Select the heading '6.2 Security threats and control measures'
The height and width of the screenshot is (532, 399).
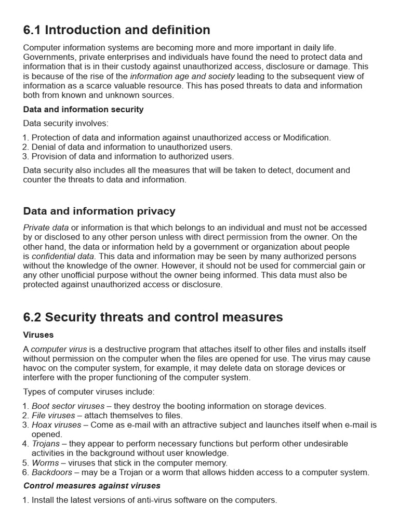point(153,317)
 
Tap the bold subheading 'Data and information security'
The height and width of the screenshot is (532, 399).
point(83,110)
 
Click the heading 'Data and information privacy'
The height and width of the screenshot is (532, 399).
point(99,211)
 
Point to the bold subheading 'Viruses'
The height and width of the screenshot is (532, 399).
point(38,335)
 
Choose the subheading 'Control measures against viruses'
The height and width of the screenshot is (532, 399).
point(92,486)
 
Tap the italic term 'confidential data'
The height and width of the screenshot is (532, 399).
point(63,256)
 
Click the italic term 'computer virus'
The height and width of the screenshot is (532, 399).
point(59,349)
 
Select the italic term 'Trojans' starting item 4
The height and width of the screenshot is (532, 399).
point(45,444)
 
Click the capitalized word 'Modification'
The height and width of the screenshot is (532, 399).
point(307,138)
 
